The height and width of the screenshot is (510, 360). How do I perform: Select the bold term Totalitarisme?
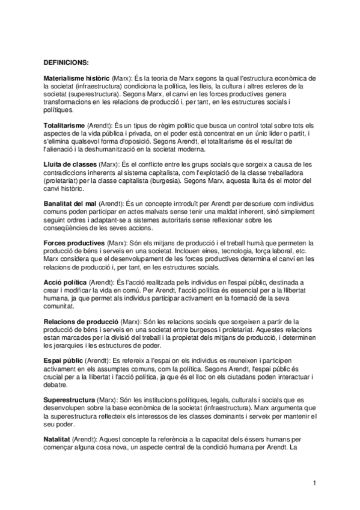(64, 121)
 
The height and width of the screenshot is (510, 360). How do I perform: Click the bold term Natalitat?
(57, 440)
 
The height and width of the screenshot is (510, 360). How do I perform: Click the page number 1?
(314, 484)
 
